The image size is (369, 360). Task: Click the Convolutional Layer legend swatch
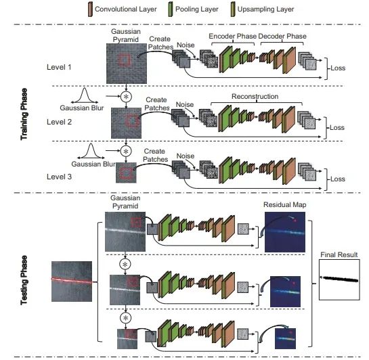tap(90, 9)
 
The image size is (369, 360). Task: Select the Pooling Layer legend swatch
tap(170, 9)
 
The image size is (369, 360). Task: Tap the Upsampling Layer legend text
tap(265, 9)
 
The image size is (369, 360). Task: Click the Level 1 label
tap(59, 67)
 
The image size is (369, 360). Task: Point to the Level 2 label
tap(59, 122)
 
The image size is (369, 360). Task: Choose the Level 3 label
tap(59, 177)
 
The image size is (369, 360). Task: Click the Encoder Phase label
tap(232, 37)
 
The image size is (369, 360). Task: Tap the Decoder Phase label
tap(282, 37)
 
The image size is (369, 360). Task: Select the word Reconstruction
tap(255, 96)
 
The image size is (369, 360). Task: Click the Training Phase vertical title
tap(24, 114)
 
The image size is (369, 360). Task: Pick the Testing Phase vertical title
tap(24, 280)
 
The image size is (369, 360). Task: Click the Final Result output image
tap(339, 279)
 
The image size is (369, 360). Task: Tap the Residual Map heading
tap(285, 205)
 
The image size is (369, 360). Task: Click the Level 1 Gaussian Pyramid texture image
tap(127, 64)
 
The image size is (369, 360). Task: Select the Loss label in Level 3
tap(338, 179)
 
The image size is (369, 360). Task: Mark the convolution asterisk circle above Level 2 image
tap(126, 97)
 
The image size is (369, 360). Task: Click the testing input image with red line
tap(72, 282)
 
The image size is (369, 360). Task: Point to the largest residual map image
tap(285, 232)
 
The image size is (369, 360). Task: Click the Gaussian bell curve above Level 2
tap(85, 95)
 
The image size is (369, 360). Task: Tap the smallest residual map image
tap(285, 338)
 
